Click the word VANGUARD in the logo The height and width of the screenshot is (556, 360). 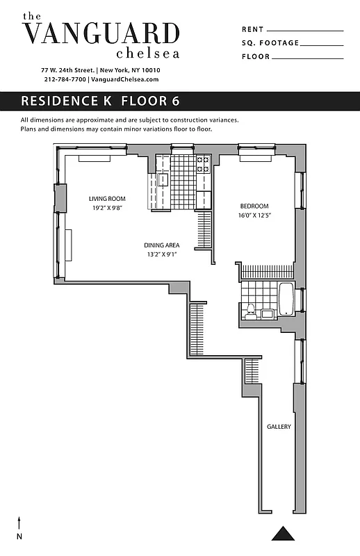(x=101, y=33)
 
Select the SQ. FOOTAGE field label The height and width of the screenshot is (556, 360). (x=270, y=43)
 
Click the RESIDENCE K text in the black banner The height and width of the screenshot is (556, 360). (x=67, y=101)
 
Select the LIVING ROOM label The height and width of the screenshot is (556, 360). (x=107, y=199)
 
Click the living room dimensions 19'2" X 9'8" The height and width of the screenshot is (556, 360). (x=107, y=208)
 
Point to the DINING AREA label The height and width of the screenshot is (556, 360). (x=162, y=245)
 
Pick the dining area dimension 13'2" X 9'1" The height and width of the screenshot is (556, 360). (x=162, y=254)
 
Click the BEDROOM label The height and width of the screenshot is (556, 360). (x=254, y=206)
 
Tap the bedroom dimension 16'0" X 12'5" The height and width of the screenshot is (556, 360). (x=254, y=215)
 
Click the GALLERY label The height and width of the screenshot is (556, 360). (x=279, y=427)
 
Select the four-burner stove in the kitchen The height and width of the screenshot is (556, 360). (x=203, y=164)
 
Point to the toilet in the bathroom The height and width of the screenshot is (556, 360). (x=252, y=310)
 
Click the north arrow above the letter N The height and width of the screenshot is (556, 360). (x=19, y=523)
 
